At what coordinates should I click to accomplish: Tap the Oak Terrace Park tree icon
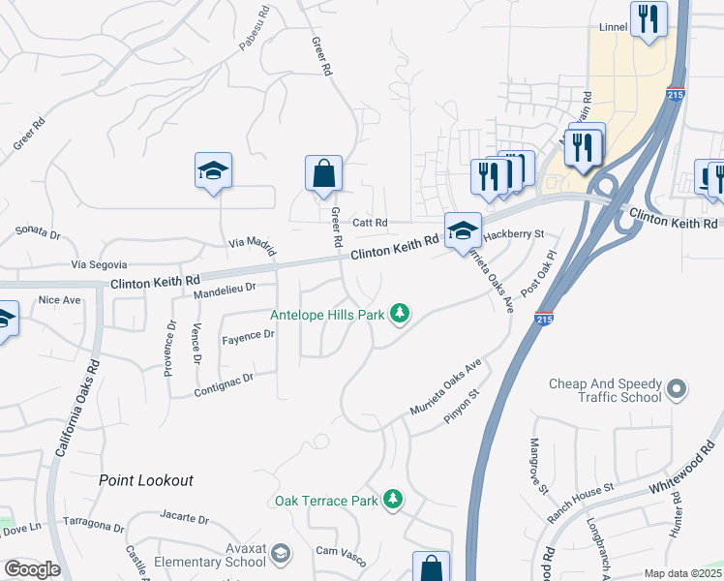(x=392, y=500)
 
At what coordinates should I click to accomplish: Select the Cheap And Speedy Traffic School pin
(x=678, y=390)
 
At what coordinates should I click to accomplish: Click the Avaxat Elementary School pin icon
(x=281, y=554)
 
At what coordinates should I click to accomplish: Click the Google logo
(x=32, y=569)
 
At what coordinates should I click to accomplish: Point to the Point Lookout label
(x=146, y=480)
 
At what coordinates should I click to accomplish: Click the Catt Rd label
(x=370, y=223)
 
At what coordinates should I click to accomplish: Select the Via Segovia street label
(x=100, y=264)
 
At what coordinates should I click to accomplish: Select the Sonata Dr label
(x=39, y=233)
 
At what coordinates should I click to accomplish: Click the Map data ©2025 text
(x=682, y=573)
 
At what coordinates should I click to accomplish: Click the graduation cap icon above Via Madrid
(x=213, y=172)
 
